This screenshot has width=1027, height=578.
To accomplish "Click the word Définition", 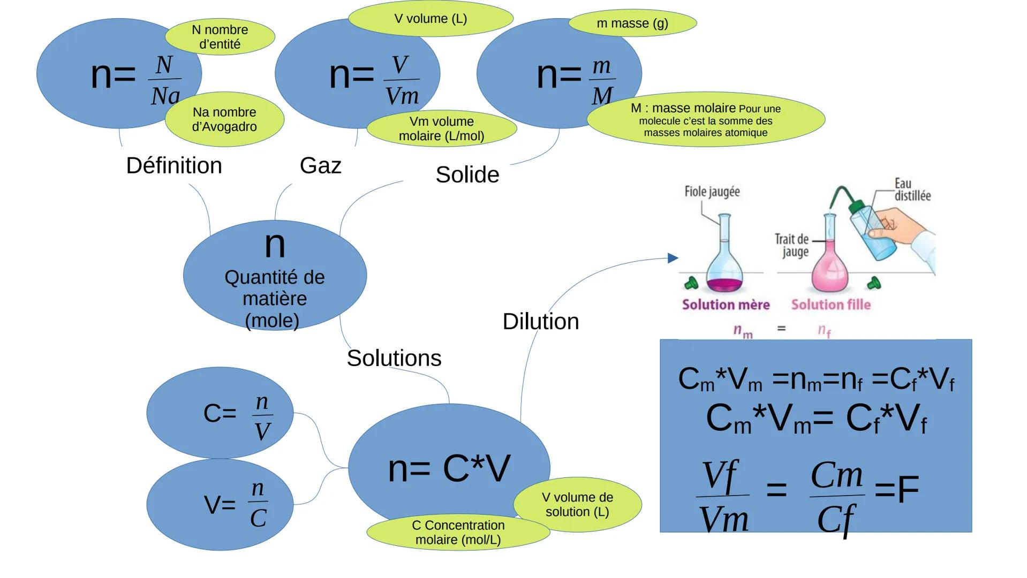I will (173, 166).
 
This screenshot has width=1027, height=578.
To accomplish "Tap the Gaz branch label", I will (320, 166).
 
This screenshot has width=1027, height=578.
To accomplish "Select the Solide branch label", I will (467, 175).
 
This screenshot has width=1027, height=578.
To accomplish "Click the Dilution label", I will (540, 322).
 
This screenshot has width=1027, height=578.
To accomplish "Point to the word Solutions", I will (394, 358).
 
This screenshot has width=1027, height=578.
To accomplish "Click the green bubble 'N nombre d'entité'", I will (220, 37).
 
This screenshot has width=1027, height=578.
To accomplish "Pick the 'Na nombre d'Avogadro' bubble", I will (224, 119).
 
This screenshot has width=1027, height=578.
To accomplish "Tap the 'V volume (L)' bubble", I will (431, 19).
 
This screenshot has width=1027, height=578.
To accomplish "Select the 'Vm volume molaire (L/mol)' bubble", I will (441, 129).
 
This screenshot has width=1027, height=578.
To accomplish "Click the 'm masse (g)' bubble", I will (632, 24).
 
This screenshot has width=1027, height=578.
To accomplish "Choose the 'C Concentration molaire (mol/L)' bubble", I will (458, 532).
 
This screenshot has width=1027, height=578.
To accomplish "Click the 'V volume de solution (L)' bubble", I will (577, 505).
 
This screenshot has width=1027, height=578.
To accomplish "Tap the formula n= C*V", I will (449, 469).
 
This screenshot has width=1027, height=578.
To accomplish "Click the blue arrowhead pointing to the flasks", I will (673, 258).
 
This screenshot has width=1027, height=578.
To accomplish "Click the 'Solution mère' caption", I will (726, 305).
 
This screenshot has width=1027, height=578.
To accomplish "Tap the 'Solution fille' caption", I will (830, 305).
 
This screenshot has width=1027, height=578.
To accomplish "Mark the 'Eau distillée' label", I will (912, 190).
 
